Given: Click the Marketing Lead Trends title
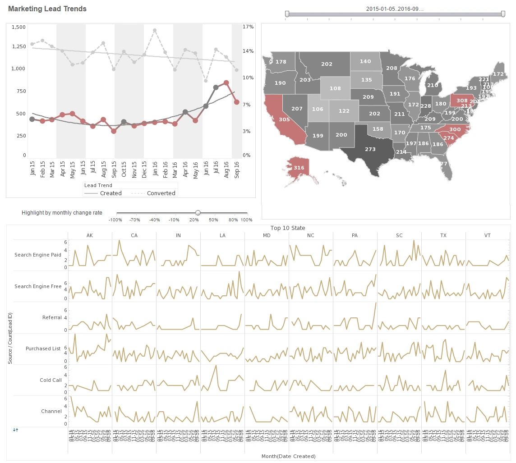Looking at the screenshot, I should [x=47, y=9].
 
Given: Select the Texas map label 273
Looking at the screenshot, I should [x=370, y=149].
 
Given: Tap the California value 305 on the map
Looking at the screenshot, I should [x=284, y=119].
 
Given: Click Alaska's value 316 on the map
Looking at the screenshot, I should [x=299, y=168].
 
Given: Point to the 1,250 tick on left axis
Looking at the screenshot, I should [x=18, y=46].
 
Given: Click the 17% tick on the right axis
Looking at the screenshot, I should [x=248, y=27].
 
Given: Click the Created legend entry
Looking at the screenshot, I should [x=111, y=193].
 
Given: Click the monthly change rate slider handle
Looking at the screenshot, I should [x=198, y=213].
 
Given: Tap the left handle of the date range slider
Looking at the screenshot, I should [x=287, y=14].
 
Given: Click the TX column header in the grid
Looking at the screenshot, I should [x=443, y=236].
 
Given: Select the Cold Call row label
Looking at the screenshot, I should [x=51, y=380].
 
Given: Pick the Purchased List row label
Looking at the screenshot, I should [x=43, y=348].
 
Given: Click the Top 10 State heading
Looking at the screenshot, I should [x=288, y=228].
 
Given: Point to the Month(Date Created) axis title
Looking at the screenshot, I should [x=288, y=456].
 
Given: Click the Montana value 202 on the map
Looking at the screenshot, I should [x=327, y=64].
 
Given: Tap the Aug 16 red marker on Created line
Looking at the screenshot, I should [x=226, y=83].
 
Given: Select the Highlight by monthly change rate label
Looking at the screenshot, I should [x=62, y=213].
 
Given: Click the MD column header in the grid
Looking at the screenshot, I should [x=267, y=236].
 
